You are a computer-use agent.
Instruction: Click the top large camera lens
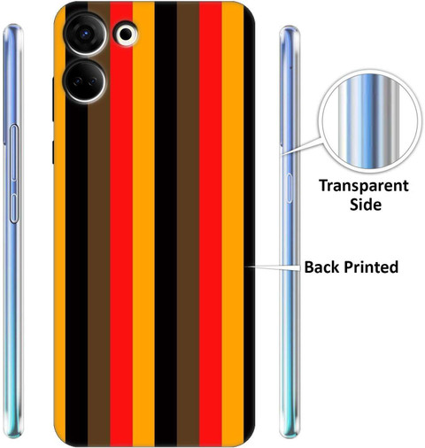coord(85,34)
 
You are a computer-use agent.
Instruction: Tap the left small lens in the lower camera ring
coord(77,81)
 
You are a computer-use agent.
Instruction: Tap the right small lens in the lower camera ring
coord(92,81)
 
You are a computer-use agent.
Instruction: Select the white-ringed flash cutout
coord(126,34)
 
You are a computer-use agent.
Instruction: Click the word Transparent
coord(364,186)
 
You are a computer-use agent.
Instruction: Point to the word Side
coord(366,205)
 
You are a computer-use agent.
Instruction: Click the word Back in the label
coord(322,266)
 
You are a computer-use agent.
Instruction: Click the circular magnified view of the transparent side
coord(369,121)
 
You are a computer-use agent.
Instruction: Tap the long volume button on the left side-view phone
coord(14,152)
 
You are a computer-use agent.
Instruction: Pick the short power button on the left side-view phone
coord(14,208)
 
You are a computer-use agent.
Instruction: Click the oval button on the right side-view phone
coord(290,188)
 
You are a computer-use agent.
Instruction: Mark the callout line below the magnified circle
coord(302,146)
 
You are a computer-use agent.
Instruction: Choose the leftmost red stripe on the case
coord(121,223)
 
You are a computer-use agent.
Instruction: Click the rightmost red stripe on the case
coord(211,223)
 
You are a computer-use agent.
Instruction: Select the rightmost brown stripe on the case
coord(188,223)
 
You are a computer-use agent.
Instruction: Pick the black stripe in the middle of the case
coord(166,223)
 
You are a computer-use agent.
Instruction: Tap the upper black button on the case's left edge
coord(53,99)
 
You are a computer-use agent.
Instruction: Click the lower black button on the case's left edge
coord(53,152)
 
